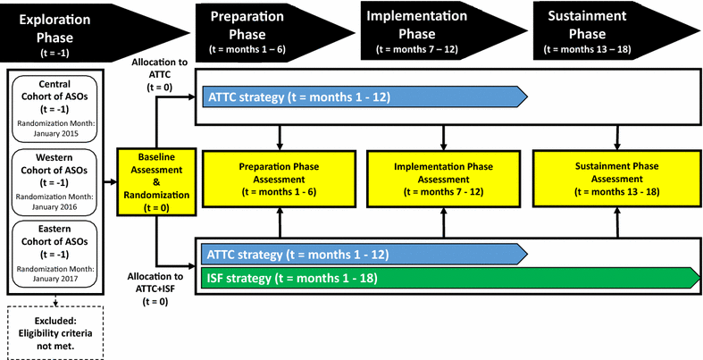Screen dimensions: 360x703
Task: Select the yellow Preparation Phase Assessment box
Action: (x=280, y=179)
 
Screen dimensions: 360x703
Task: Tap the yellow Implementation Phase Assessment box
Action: (x=443, y=179)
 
